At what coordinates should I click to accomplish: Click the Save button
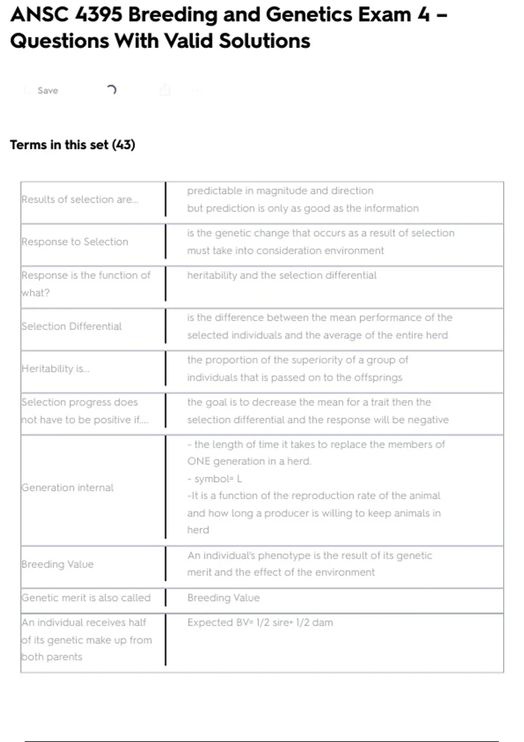click(47, 90)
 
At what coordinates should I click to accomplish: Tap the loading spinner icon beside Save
click(112, 90)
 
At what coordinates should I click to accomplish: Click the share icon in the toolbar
click(165, 90)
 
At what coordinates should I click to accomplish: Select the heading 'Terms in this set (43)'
click(72, 144)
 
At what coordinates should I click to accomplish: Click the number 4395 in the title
click(99, 15)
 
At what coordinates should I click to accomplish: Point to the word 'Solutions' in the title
click(264, 41)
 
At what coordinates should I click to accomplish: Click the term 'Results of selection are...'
click(80, 199)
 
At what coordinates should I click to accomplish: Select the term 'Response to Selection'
click(75, 242)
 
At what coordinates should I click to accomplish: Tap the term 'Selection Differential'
click(72, 326)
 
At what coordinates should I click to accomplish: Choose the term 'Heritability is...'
click(55, 369)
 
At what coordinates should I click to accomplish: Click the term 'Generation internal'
click(68, 488)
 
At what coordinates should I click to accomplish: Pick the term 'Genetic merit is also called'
click(86, 598)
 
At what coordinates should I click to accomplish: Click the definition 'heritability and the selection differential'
click(282, 275)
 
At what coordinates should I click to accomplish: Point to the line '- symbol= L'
click(214, 479)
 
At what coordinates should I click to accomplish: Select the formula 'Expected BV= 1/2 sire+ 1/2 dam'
click(260, 622)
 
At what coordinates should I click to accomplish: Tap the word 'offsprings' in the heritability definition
click(378, 378)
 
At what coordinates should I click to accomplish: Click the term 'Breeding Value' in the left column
click(58, 564)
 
